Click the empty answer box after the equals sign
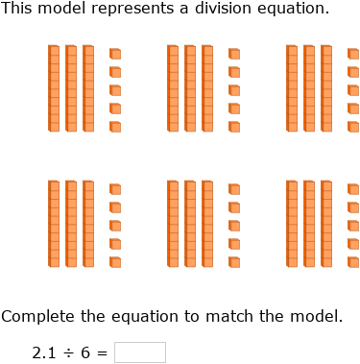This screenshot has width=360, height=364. (x=139, y=352)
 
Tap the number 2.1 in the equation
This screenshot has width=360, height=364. (x=44, y=352)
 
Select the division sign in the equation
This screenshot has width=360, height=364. (x=69, y=352)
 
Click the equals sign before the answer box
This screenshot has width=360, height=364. (x=103, y=352)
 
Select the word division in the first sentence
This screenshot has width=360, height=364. (x=213, y=9)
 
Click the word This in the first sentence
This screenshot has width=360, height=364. (x=16, y=9)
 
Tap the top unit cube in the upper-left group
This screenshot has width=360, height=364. (x=115, y=54)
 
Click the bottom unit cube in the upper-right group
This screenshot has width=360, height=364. (x=353, y=127)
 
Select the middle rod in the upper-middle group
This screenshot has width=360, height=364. (x=190, y=88)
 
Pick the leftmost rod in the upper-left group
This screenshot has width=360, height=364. (x=54, y=88)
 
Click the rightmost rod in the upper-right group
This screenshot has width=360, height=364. (x=326, y=88)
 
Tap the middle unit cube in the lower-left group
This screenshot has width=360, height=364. (x=115, y=225)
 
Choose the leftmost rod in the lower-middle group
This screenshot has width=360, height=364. (x=173, y=224)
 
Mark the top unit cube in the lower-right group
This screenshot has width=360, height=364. (x=353, y=189)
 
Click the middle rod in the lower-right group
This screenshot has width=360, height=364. (x=309, y=224)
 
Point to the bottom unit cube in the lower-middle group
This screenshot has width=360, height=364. (x=234, y=261)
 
